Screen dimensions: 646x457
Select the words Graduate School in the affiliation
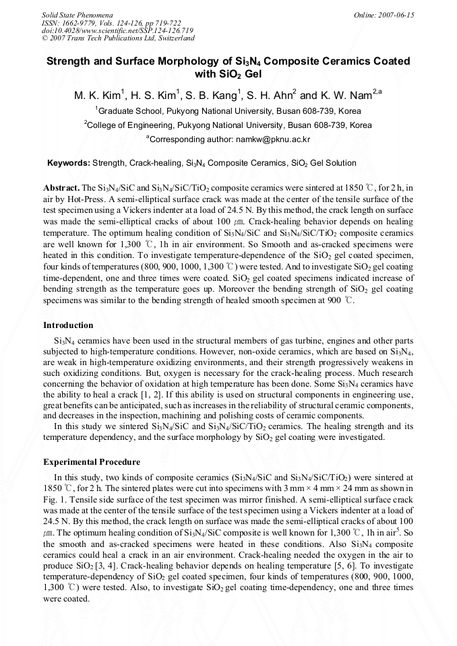coord(127,111)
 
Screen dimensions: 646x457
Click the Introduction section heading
coord(68,325)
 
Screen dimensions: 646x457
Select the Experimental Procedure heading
coord(92,462)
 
